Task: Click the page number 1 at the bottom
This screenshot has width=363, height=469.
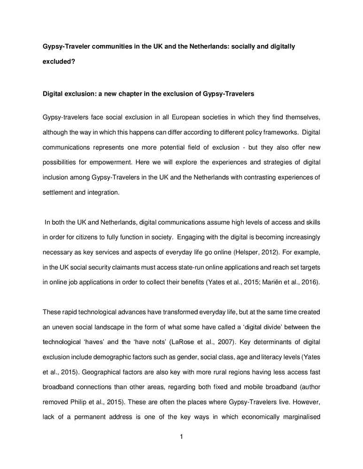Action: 181,437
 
